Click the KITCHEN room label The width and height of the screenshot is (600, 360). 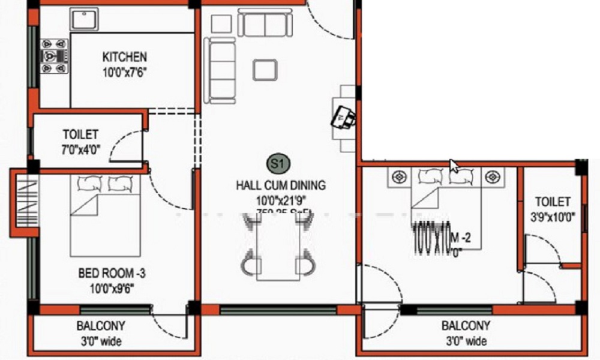[x=124, y=57]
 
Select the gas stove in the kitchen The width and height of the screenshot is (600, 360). [x=55, y=56]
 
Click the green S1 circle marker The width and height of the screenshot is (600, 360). [x=277, y=163]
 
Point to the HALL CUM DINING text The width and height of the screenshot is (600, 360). [x=281, y=185]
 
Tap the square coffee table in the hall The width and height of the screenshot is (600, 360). [x=265, y=69]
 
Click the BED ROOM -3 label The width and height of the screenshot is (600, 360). [x=112, y=274]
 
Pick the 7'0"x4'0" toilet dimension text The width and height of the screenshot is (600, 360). [x=80, y=149]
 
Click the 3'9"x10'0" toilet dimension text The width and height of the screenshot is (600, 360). [x=553, y=217]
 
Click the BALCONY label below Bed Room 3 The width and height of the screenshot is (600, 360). [x=101, y=326]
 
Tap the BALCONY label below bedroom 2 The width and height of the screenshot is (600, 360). [x=466, y=326]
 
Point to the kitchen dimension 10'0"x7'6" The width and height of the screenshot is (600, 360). [x=124, y=72]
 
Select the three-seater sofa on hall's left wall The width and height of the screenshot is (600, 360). [x=215, y=70]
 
